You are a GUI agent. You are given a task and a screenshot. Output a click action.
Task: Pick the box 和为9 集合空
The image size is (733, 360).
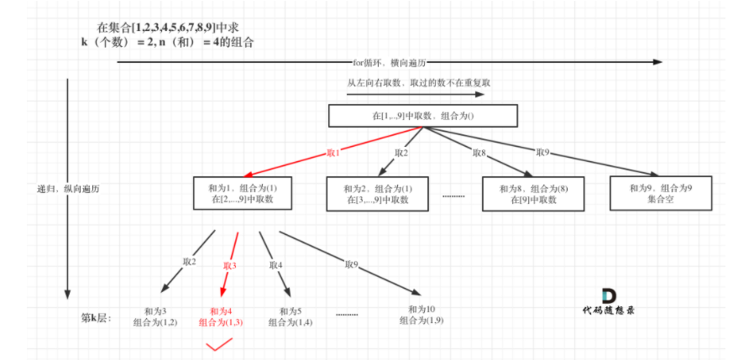pos(661,194)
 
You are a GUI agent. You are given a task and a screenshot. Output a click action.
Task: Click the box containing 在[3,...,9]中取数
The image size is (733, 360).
pos(375,194)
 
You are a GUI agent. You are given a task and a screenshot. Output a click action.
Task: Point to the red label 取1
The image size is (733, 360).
pos(333,154)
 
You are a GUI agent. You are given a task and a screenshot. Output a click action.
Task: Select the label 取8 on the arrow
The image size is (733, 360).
pos(479,153)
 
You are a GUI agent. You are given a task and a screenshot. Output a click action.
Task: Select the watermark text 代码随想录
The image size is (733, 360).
pos(609,310)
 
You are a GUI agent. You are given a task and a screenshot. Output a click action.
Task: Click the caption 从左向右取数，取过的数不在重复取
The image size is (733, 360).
pos(406,83)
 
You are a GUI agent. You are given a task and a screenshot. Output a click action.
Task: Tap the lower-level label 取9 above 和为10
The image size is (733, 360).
pos(351,264)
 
